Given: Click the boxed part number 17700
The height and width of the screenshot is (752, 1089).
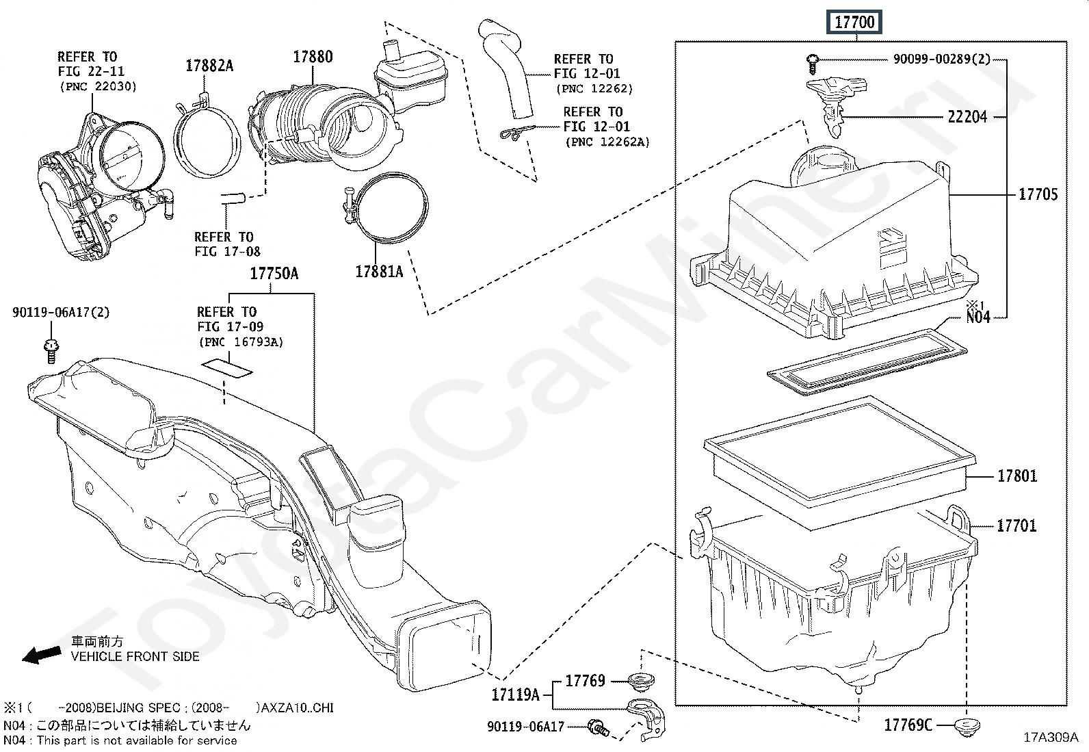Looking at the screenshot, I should coord(854,23).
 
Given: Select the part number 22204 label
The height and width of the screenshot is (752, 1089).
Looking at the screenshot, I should coord(967,117).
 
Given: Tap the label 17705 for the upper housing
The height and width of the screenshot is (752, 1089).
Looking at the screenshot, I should coord(1038,194).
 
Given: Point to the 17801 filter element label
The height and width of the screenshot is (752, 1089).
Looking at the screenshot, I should coord(1016,476).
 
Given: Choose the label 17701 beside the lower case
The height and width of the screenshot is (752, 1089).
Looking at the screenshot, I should coord(1016,526).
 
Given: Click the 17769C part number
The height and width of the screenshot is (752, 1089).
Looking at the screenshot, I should coord(908,725).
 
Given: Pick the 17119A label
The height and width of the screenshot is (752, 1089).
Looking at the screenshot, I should coord(515,696).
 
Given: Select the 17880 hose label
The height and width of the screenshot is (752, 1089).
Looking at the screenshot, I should coord(313,57).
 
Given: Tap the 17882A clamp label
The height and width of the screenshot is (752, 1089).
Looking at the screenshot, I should coord(209,66).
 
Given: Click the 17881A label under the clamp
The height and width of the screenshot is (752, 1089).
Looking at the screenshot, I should coord(379,272).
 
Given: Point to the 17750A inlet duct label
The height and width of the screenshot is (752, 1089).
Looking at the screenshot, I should coord(274,274).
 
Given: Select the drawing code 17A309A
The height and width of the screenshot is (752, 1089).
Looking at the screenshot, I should coord(1050,738).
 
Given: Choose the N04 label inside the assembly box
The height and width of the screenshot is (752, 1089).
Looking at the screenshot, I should coord(978,317).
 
